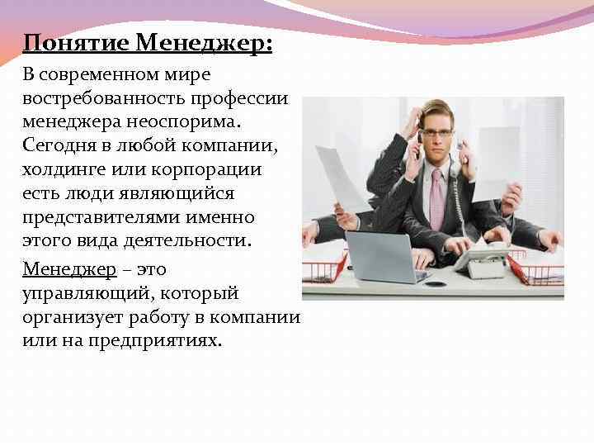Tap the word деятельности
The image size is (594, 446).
(x=182, y=241)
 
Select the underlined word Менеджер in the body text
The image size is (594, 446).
(x=69, y=269)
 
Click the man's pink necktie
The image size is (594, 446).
(x=436, y=199)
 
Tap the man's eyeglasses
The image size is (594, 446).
(x=436, y=132)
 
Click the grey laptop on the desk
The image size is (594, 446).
(x=380, y=257)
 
